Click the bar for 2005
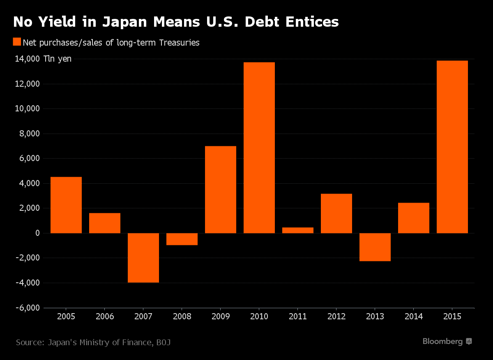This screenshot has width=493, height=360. [x=66, y=205]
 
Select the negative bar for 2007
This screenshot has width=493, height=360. [x=143, y=258]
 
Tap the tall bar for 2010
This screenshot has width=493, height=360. [x=259, y=148]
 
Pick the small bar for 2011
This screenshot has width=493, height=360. [x=298, y=230]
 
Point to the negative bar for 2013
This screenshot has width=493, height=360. [x=375, y=247]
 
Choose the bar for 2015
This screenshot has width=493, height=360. [x=452, y=147]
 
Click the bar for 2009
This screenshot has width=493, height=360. [x=221, y=189]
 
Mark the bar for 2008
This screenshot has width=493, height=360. [x=182, y=239]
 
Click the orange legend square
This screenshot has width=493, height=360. [x=17, y=42]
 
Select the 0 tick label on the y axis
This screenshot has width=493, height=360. [x=37, y=233]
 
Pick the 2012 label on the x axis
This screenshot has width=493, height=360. [x=336, y=316]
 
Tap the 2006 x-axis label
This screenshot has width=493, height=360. [x=105, y=316]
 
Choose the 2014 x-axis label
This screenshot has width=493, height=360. [x=414, y=316]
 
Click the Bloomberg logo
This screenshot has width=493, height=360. [x=447, y=342]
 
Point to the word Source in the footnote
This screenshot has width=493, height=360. [x=30, y=342]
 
